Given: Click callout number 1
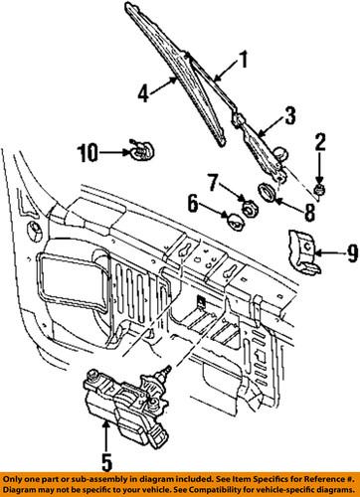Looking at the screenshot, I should pos(241,67).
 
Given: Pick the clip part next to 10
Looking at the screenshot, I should pos(138,152).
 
